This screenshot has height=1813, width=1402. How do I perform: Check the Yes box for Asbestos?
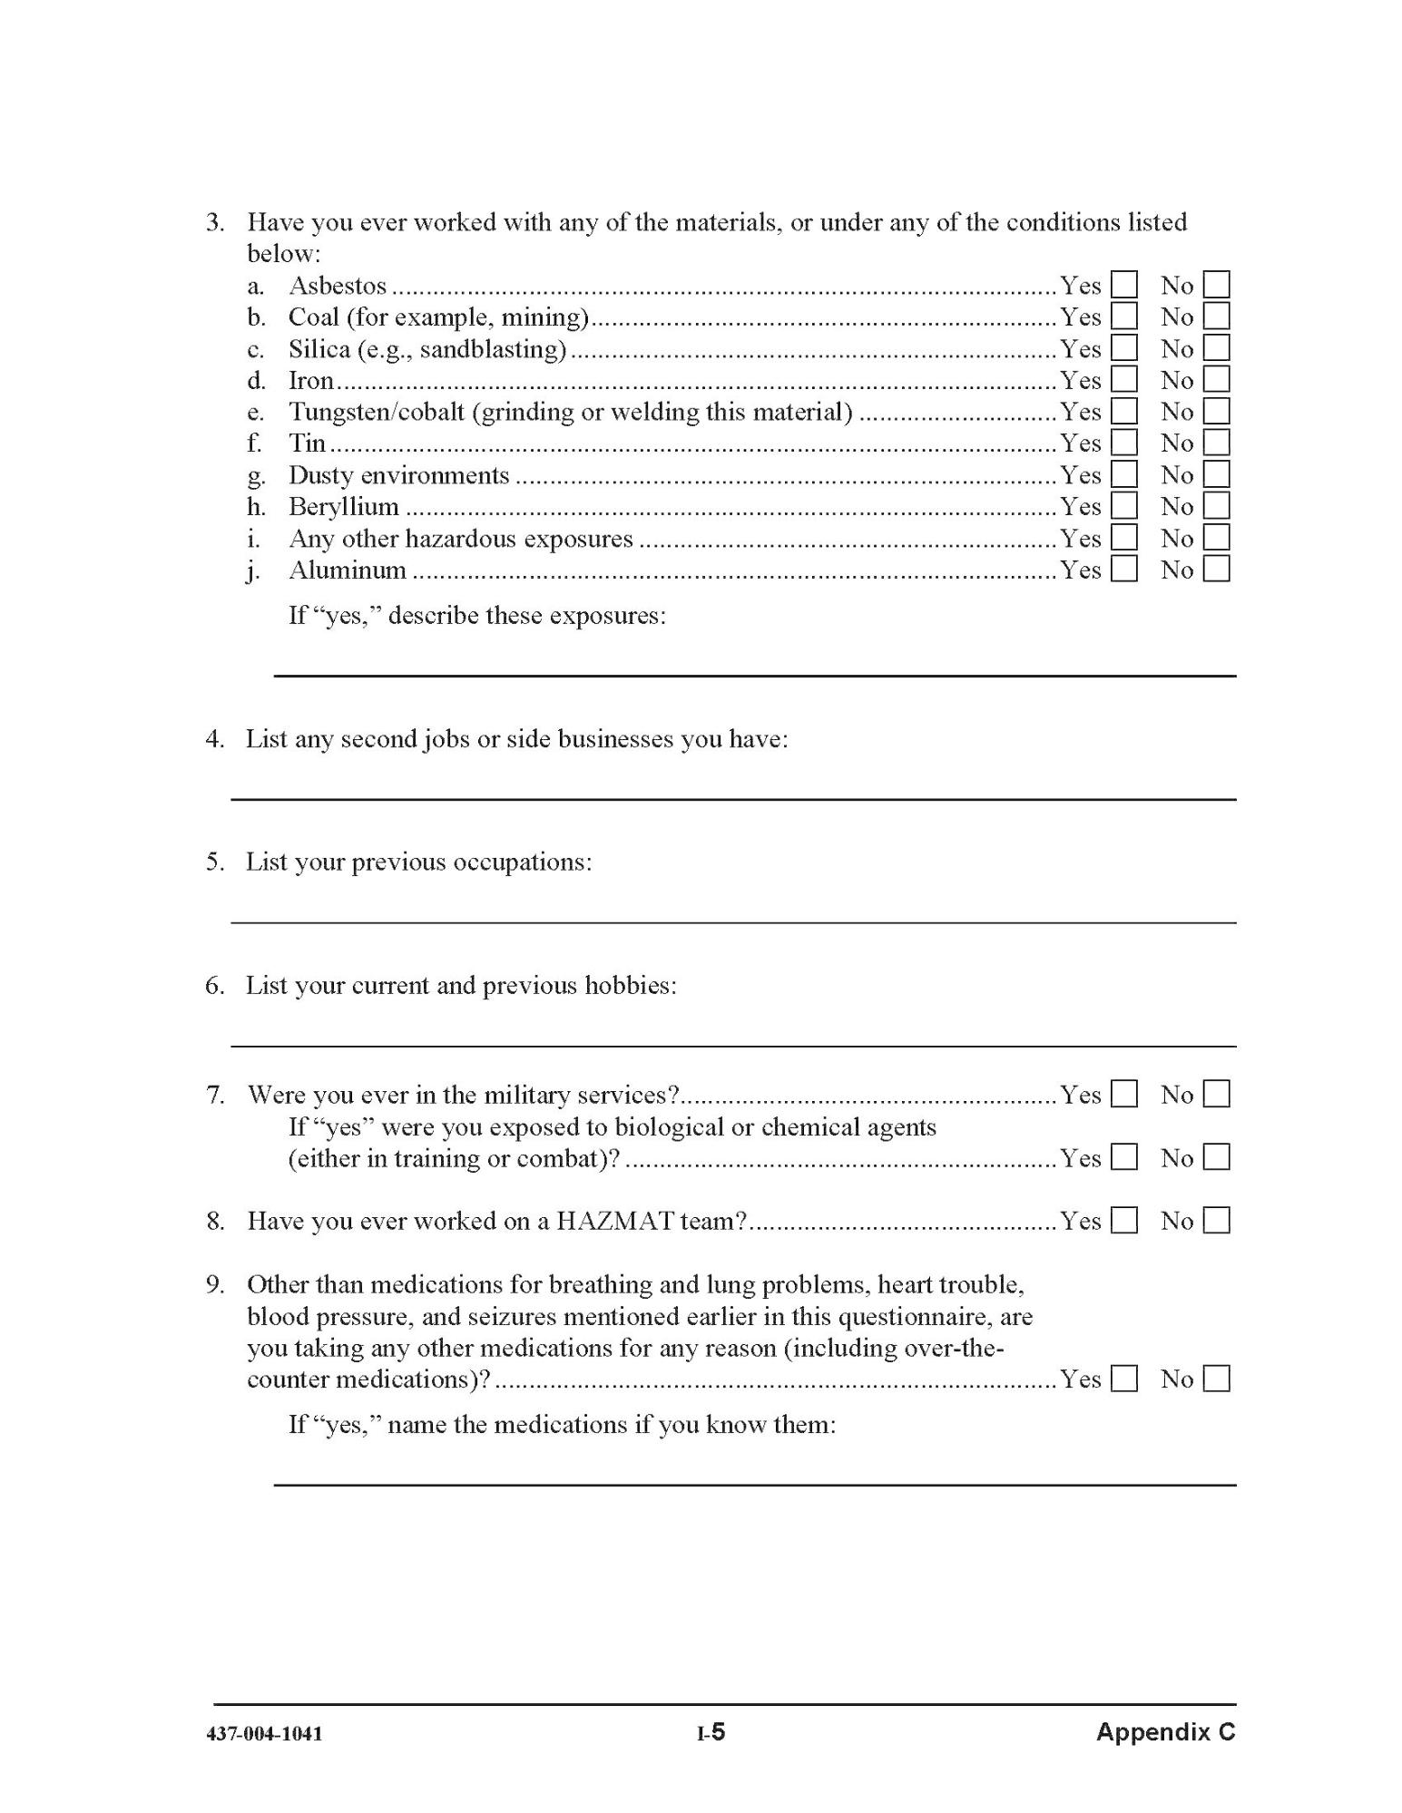1123,286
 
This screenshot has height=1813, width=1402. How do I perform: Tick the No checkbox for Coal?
1216,317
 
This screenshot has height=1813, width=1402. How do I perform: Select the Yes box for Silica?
1123,348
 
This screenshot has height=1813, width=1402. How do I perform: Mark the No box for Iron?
1216,380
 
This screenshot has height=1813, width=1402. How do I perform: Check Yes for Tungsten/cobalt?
1123,412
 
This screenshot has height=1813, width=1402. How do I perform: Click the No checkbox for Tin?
1216,443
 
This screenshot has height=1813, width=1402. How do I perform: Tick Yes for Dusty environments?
1123,474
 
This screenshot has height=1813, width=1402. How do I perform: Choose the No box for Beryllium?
1216,506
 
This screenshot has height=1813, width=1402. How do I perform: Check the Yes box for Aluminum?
1123,570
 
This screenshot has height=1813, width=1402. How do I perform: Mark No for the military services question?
1216,1095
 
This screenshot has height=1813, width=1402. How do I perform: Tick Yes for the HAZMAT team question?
1123,1221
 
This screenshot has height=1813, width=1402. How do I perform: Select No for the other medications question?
1216,1379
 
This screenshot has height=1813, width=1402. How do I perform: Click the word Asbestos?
338,286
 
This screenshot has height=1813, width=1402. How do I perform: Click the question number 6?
214,985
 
